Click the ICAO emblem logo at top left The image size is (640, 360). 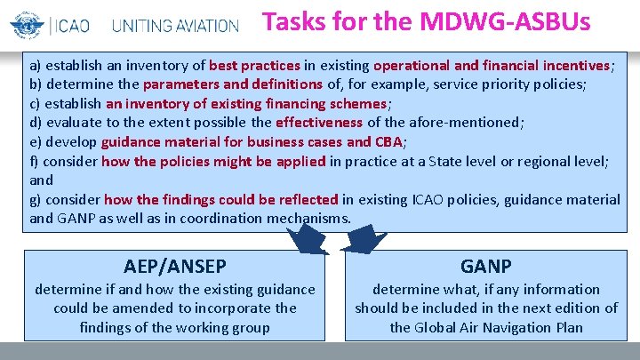(x=26, y=22)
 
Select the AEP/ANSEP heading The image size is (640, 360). (x=175, y=266)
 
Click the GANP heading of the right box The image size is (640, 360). (x=485, y=266)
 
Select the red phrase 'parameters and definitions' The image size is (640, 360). (x=232, y=84)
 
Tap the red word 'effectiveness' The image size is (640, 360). (x=318, y=122)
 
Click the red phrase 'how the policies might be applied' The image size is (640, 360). (x=213, y=161)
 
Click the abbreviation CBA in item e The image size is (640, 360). (x=389, y=141)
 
